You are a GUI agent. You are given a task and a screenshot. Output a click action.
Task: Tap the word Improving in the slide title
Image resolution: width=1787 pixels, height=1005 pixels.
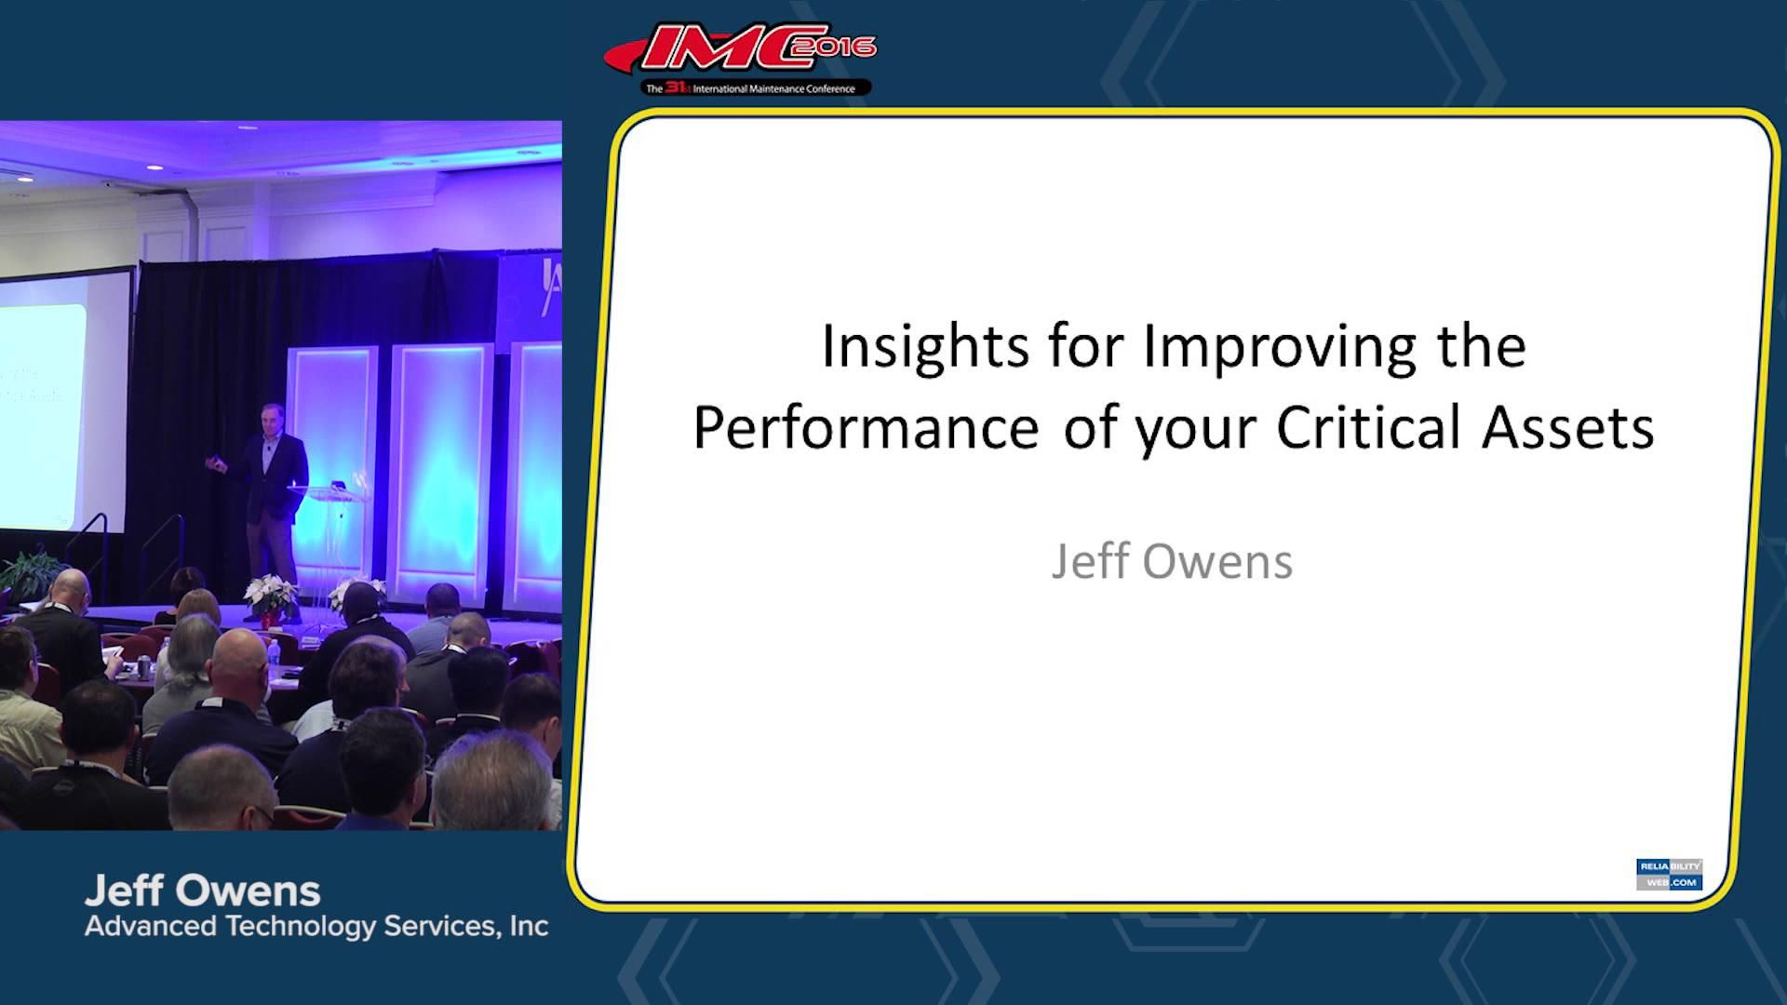click(x=1279, y=346)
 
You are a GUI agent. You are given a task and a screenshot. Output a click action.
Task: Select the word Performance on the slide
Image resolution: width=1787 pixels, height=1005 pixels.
click(x=866, y=428)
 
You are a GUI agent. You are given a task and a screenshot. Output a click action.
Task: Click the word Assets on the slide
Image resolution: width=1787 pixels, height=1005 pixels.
click(x=1568, y=428)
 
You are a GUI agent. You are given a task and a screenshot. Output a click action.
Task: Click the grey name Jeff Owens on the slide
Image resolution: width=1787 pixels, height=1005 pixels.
click(x=1172, y=562)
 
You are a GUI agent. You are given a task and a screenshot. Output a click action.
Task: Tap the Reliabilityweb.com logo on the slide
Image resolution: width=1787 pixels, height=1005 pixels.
click(x=1669, y=874)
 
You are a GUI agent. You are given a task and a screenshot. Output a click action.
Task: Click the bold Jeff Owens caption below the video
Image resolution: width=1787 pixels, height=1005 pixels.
click(x=202, y=891)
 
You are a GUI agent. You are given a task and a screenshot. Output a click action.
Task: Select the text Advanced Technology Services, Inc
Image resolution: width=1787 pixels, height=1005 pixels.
click(x=316, y=927)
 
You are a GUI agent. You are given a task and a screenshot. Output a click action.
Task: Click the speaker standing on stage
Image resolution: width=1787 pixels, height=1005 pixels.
click(x=271, y=502)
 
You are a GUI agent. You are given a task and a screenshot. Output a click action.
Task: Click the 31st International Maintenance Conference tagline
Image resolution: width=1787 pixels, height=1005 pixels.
click(x=756, y=88)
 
